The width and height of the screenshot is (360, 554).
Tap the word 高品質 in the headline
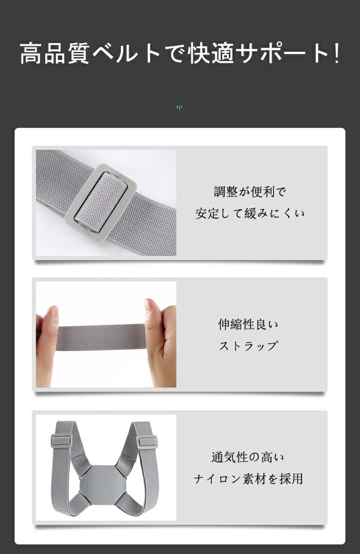coord(55,53)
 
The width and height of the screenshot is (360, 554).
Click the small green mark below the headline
coord(179,108)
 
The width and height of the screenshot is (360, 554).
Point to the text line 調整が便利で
coord(250,192)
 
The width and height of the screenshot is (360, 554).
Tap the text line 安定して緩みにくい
coord(250,213)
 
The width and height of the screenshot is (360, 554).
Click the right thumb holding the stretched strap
coord(153,314)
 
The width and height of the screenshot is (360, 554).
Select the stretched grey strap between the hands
coord(102,337)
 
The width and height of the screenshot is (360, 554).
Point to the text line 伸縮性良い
coord(248,325)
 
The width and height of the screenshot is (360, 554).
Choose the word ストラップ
coord(248,346)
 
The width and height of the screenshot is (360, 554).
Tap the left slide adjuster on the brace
coord(61,441)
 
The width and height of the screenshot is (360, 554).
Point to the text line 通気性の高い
coord(248,457)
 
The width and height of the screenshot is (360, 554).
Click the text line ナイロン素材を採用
coord(249,479)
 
